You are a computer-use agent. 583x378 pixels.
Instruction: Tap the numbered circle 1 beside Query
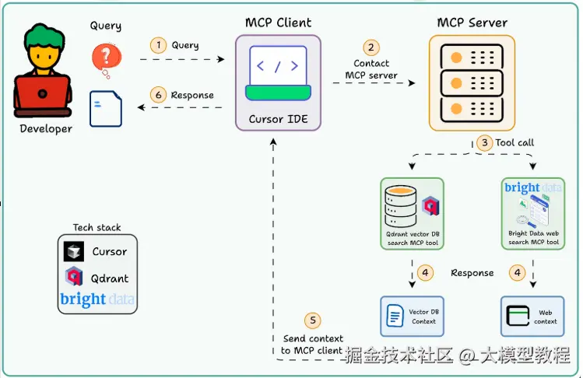(x=159, y=45)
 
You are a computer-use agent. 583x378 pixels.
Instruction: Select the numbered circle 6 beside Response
(x=159, y=95)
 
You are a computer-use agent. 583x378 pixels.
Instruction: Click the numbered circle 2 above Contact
(x=371, y=48)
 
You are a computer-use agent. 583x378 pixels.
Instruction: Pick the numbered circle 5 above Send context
(x=312, y=320)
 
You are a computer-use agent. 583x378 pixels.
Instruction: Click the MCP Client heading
(x=277, y=22)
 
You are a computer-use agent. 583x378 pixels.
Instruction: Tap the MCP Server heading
(x=472, y=22)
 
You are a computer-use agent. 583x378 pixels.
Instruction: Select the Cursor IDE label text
(x=277, y=120)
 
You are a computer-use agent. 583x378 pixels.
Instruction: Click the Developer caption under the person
(x=46, y=129)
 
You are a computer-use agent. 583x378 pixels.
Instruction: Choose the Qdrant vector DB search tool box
(x=412, y=213)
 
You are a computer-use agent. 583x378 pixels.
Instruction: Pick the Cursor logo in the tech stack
(x=75, y=252)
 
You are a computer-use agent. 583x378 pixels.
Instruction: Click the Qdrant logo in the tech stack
(x=75, y=278)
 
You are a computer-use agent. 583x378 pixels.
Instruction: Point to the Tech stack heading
(x=97, y=227)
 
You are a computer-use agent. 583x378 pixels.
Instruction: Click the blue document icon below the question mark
(x=101, y=108)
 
